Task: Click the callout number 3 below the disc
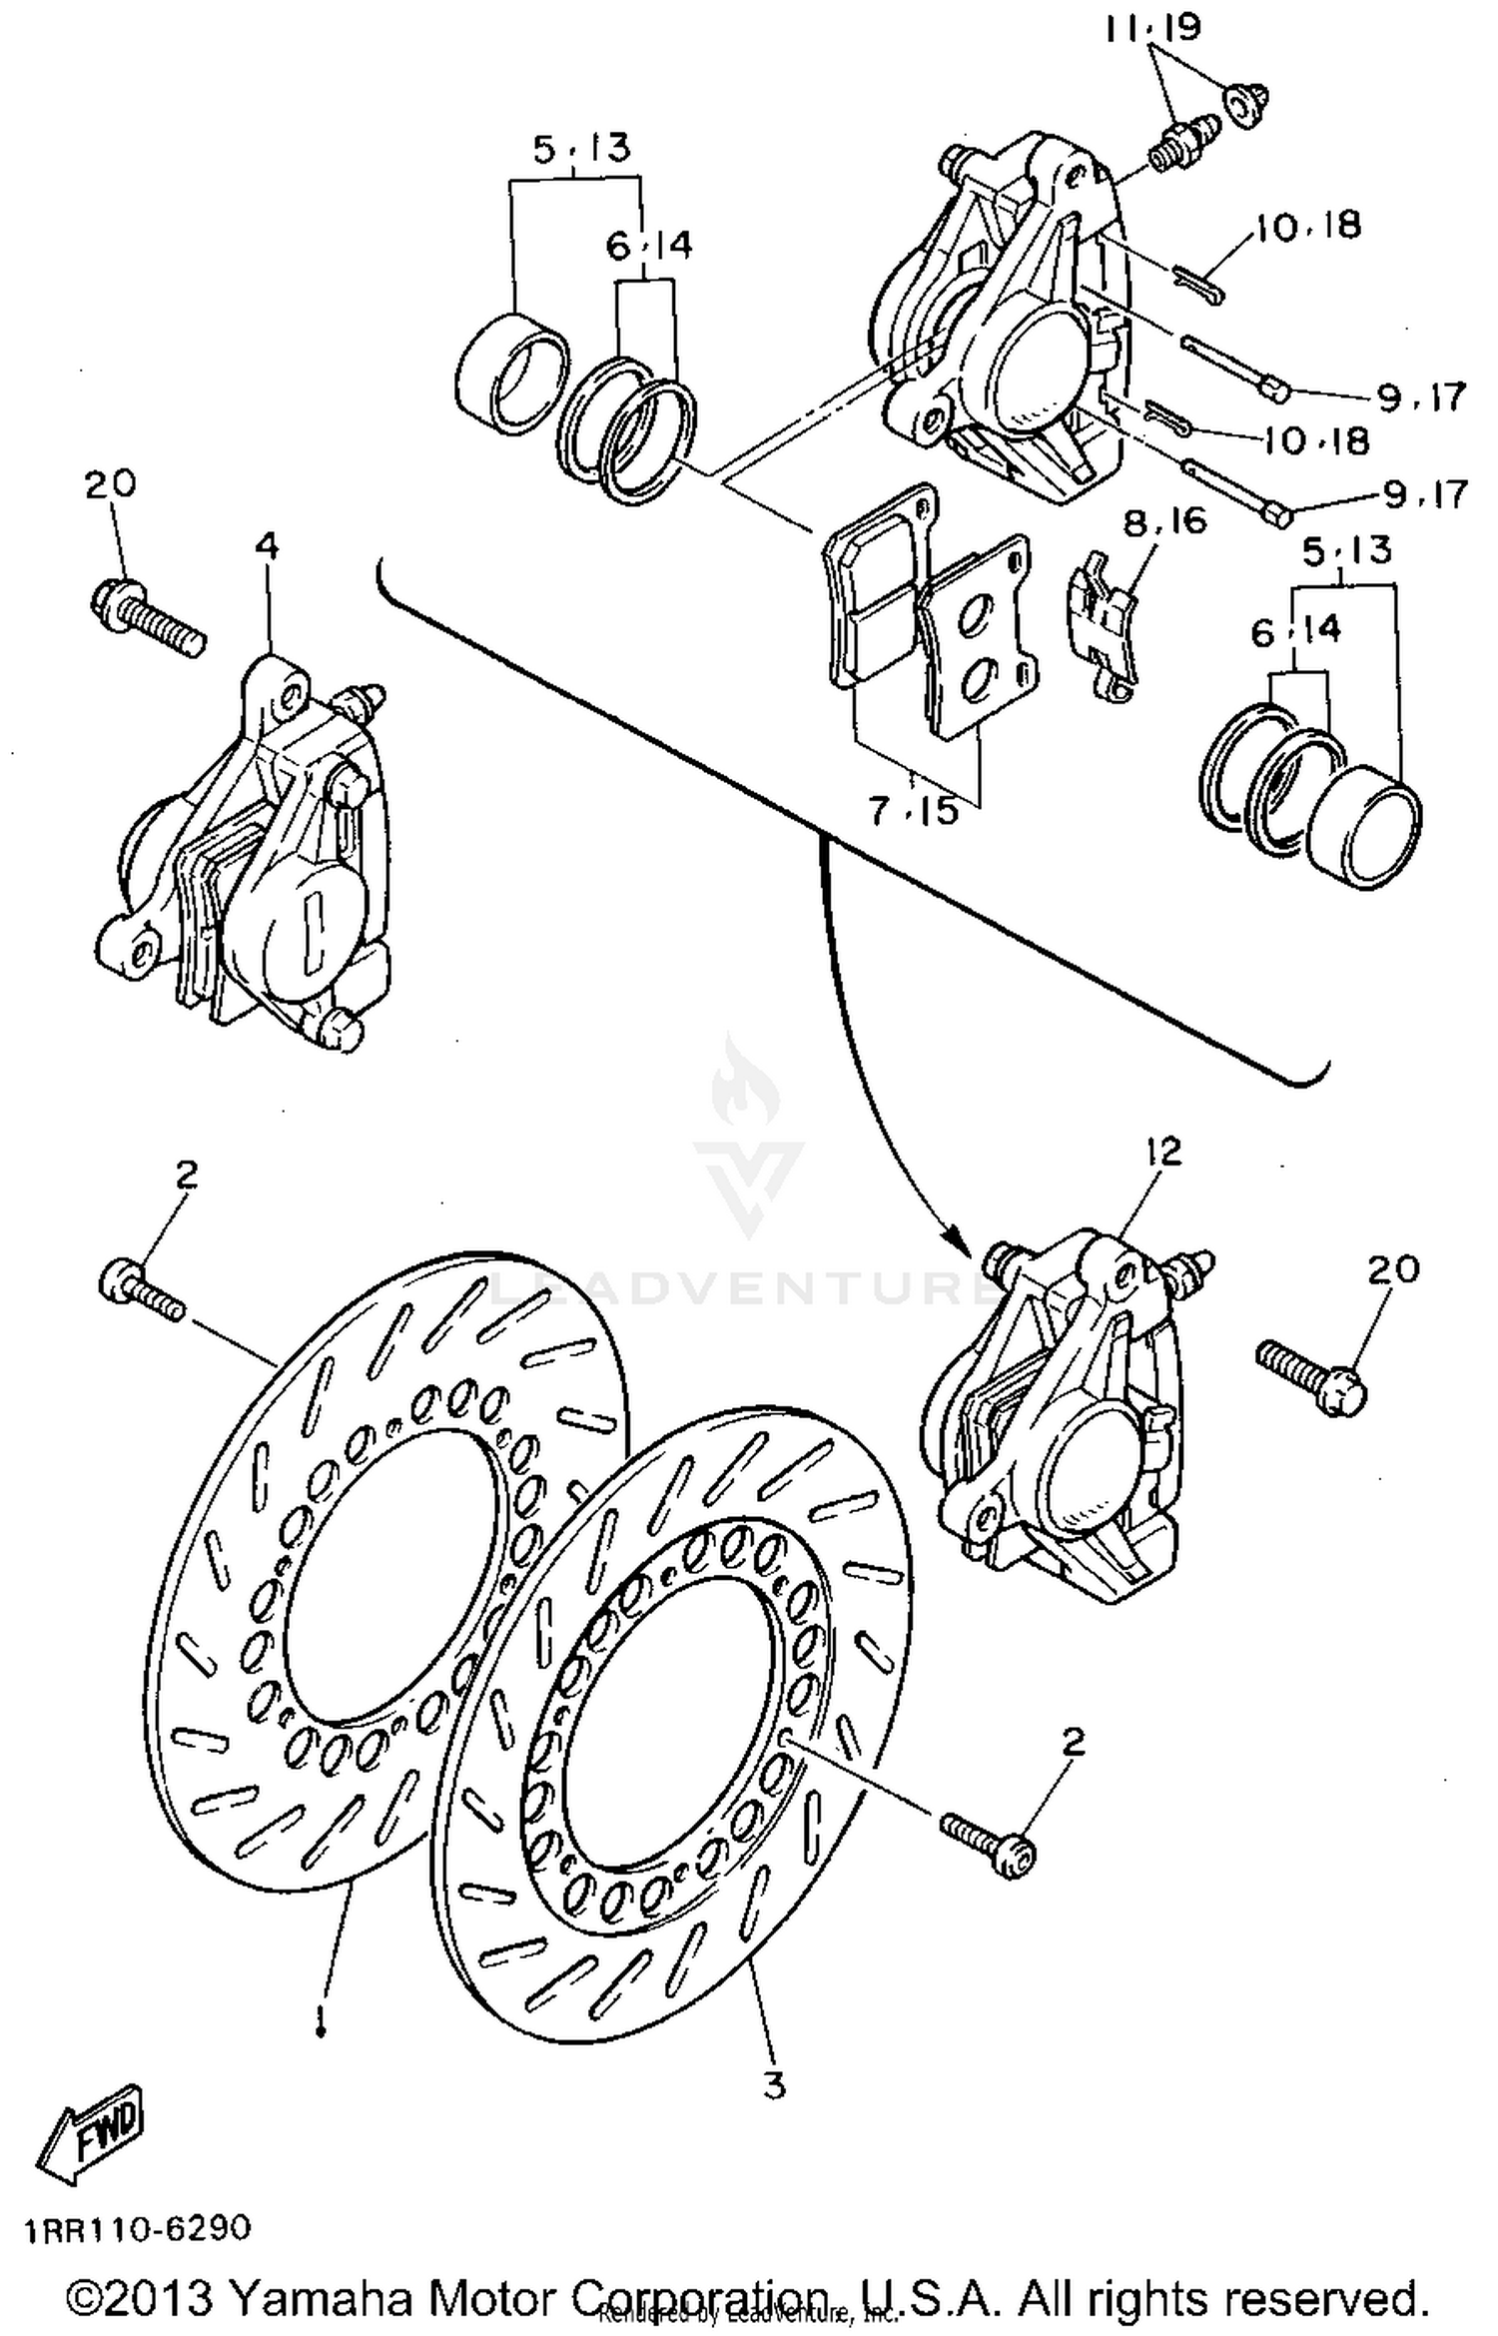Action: pyautogui.click(x=774, y=2085)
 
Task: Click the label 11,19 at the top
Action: pyautogui.click(x=1152, y=28)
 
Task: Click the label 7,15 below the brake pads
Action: pyautogui.click(x=913, y=810)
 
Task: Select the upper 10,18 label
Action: pyautogui.click(x=1308, y=226)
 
